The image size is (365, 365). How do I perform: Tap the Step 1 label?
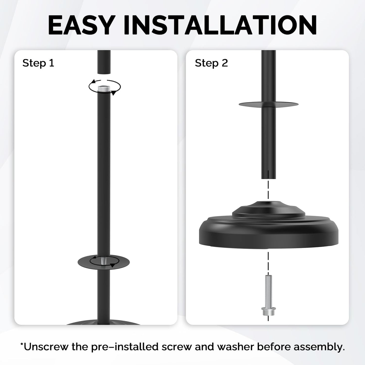[38, 63]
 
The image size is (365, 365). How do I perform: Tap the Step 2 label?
[211, 63]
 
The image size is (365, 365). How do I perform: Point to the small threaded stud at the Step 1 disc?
[103, 262]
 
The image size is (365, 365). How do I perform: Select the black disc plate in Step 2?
[246, 104]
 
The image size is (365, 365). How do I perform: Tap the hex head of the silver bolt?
[269, 311]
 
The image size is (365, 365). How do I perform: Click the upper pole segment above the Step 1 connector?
[104, 62]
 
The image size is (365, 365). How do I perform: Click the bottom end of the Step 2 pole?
[269, 179]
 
